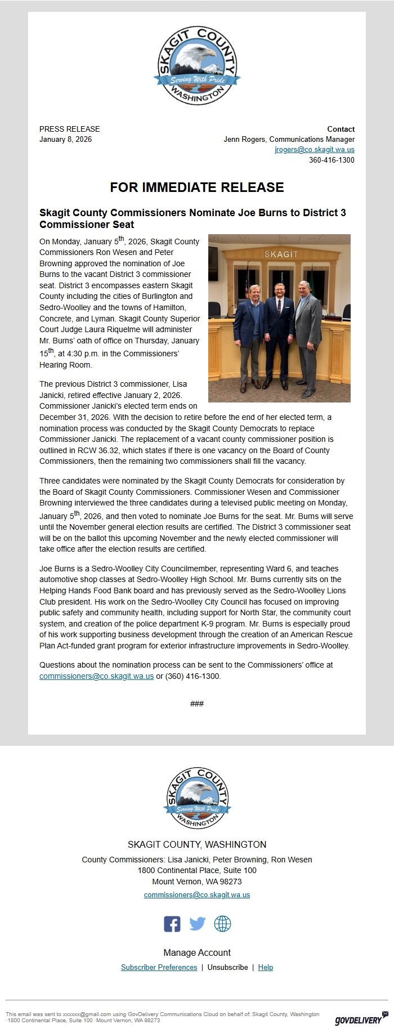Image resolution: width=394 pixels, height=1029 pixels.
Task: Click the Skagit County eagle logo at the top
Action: pyautogui.click(x=197, y=65)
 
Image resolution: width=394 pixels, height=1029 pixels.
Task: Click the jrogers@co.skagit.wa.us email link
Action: pyautogui.click(x=315, y=150)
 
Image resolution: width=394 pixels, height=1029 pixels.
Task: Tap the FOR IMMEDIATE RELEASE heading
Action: pyautogui.click(x=197, y=187)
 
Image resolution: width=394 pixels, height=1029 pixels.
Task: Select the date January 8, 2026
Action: pyautogui.click(x=65, y=139)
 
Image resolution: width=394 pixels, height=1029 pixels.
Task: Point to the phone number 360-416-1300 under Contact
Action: pyautogui.click(x=332, y=160)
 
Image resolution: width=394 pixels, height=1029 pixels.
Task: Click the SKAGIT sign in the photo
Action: pyautogui.click(x=281, y=254)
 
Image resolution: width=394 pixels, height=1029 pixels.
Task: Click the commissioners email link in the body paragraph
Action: pyautogui.click(x=96, y=676)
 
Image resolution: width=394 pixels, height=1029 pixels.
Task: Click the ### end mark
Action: pyautogui.click(x=197, y=704)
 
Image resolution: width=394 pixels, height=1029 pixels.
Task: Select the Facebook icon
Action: pyautogui.click(x=172, y=924)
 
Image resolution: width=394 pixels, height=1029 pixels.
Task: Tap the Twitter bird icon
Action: pyautogui.click(x=197, y=924)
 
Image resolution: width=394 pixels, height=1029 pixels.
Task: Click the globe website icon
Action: pyautogui.click(x=222, y=924)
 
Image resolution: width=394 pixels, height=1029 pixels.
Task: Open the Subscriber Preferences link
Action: pyautogui.click(x=159, y=967)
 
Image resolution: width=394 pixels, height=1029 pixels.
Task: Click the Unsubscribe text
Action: pyautogui.click(x=227, y=967)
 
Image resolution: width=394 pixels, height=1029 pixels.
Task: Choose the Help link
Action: pyautogui.click(x=265, y=967)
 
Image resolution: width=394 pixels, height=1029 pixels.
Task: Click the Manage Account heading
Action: pyautogui.click(x=197, y=952)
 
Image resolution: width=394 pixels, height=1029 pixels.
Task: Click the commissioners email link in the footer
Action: pyautogui.click(x=197, y=894)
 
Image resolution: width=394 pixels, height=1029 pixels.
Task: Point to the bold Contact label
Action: pyautogui.click(x=341, y=129)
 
